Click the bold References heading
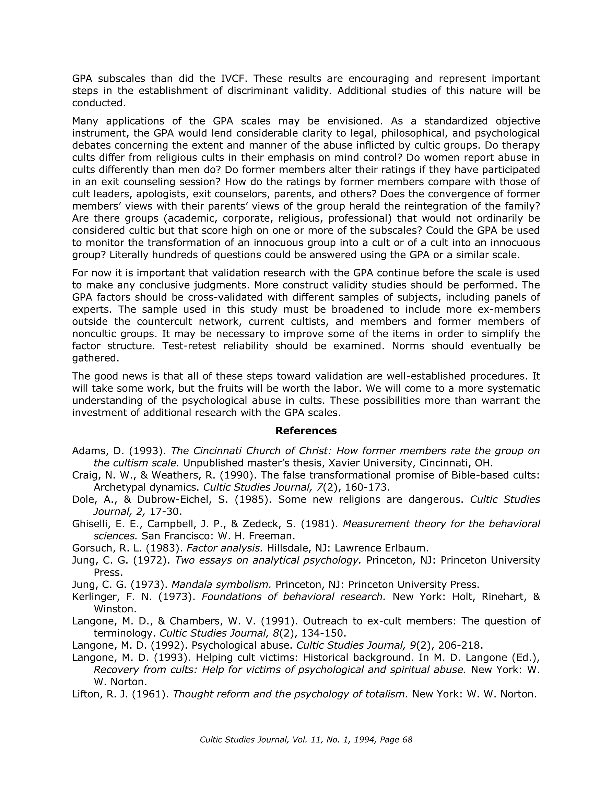pos(306,430)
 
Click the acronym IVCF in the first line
pos(234,78)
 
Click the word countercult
pos(164,322)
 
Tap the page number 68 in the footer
pos(408,740)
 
